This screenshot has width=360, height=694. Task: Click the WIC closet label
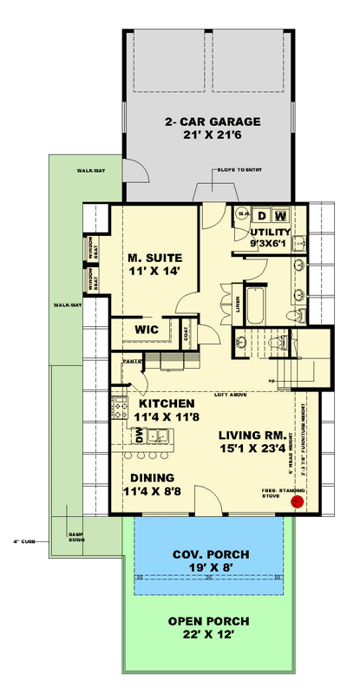point(145,331)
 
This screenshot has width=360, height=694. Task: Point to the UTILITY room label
point(271,233)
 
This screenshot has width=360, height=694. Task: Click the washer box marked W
point(282,215)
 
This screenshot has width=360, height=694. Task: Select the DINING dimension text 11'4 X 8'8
point(153,492)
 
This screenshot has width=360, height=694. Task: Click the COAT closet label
point(187,331)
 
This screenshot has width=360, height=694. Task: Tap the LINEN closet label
point(238,304)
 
